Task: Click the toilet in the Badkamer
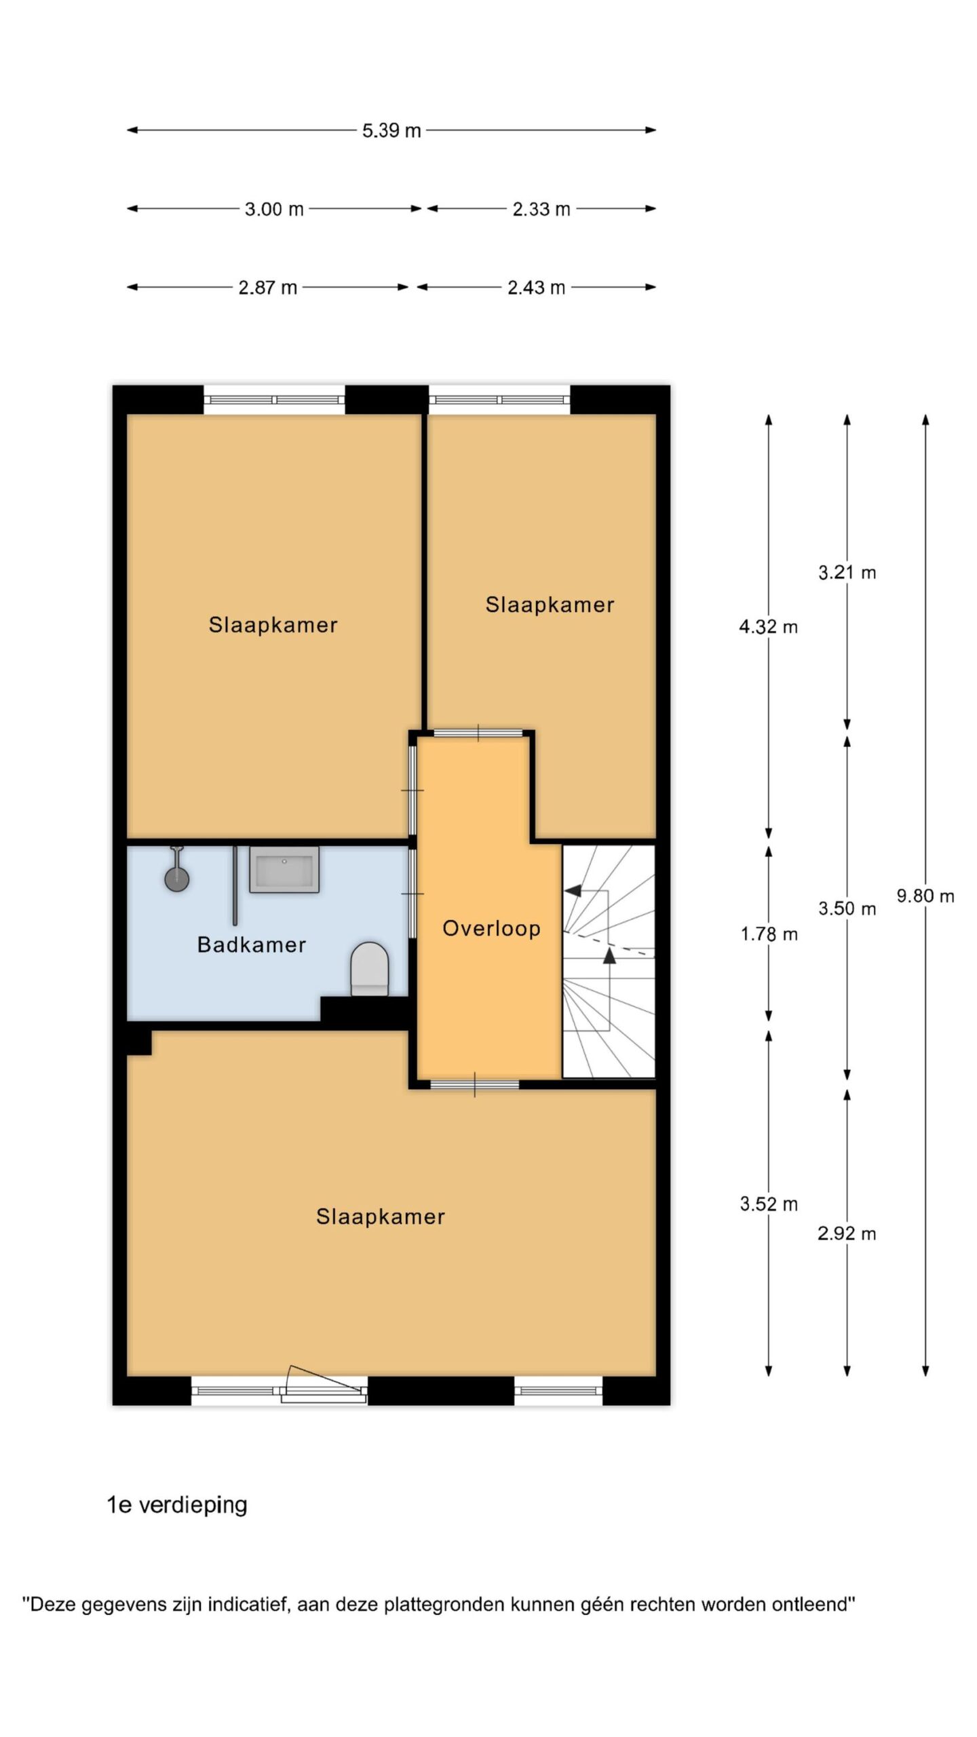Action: point(370,969)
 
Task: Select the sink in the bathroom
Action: point(284,869)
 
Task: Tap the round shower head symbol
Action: point(177,879)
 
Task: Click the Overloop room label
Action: point(491,928)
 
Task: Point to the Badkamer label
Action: point(251,944)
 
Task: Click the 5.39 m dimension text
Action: point(391,130)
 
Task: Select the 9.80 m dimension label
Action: point(925,896)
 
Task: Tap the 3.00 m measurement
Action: point(274,209)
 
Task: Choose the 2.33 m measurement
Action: point(541,209)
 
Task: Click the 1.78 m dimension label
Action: point(769,934)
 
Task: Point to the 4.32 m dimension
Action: point(768,627)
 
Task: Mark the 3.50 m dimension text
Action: point(847,909)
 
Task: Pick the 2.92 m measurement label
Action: point(847,1234)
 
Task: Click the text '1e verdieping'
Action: point(177,1505)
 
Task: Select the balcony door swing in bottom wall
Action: point(324,1381)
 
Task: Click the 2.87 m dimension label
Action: point(268,288)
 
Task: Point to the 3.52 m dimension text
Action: point(769,1204)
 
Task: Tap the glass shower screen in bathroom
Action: point(235,885)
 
